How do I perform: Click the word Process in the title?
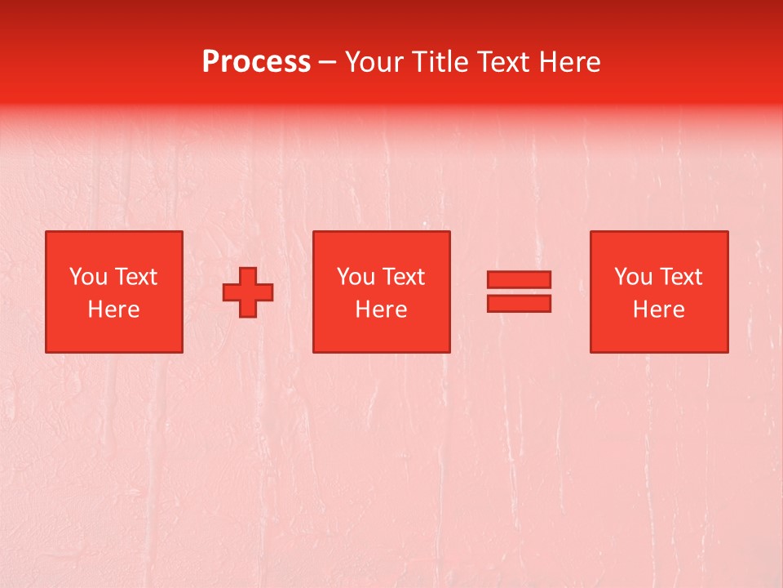tap(256, 61)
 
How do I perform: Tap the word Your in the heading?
tap(374, 61)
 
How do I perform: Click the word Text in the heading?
tap(502, 61)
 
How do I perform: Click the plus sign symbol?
tap(248, 292)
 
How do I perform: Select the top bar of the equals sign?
tap(519, 279)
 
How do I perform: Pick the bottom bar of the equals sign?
tap(519, 304)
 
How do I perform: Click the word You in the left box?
tap(88, 277)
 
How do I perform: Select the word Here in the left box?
tap(113, 310)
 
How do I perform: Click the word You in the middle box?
tap(356, 277)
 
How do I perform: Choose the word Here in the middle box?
tap(381, 310)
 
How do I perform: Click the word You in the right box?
tap(633, 277)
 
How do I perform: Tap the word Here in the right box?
tap(658, 310)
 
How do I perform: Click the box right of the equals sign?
tap(659, 335)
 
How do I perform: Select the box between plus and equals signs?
tap(381, 335)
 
